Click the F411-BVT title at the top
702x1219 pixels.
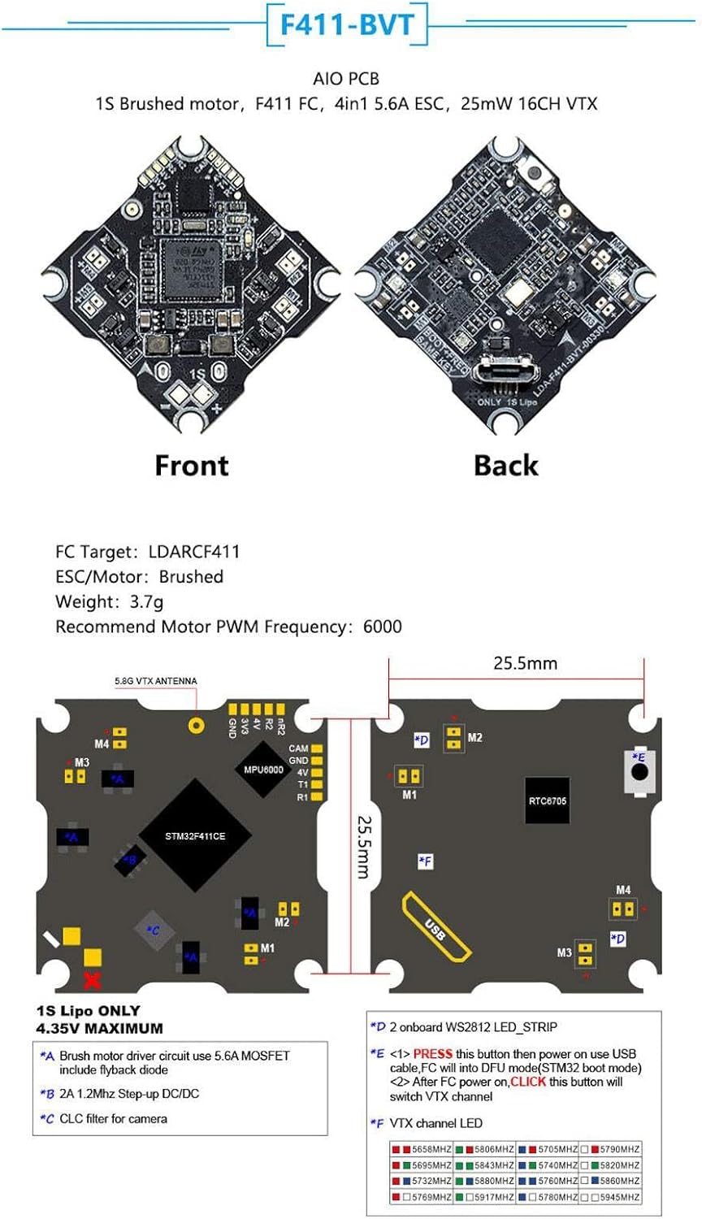pyautogui.click(x=347, y=25)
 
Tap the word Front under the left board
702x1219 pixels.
pyautogui.click(x=192, y=466)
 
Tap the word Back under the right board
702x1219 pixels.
pyautogui.click(x=505, y=466)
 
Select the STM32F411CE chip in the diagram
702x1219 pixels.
pyautogui.click(x=195, y=835)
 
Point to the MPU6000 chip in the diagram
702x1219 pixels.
pyautogui.click(x=263, y=770)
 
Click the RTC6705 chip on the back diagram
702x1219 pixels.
pyautogui.click(x=547, y=800)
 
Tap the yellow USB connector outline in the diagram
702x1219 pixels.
pyautogui.click(x=436, y=926)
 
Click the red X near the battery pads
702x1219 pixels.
pyautogui.click(x=93, y=979)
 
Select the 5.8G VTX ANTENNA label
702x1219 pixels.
pyautogui.click(x=155, y=681)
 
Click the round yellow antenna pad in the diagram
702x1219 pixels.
pyautogui.click(x=196, y=724)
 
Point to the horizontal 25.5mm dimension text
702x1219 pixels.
pyautogui.click(x=525, y=663)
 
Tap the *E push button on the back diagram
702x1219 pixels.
pyautogui.click(x=640, y=770)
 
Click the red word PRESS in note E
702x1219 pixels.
pyautogui.click(x=432, y=1053)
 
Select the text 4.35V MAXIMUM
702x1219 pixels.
pyautogui.click(x=99, y=1028)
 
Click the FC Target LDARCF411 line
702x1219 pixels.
pyautogui.click(x=147, y=552)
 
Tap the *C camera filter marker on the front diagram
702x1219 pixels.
pyautogui.click(x=154, y=931)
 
